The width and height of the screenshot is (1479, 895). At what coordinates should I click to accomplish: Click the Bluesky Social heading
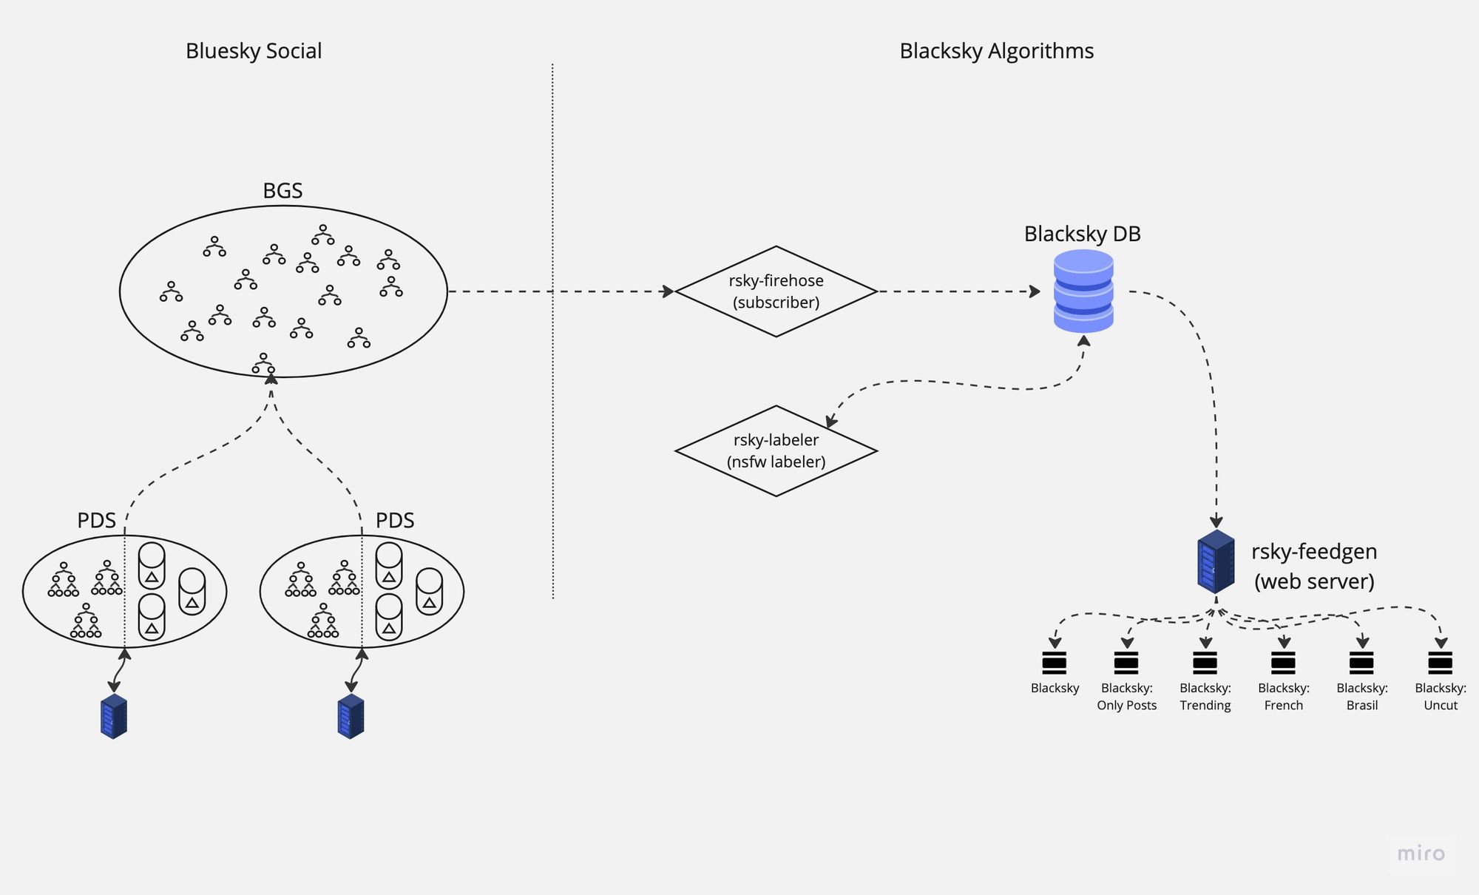click(254, 51)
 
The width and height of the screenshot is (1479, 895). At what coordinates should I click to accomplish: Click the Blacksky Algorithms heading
click(996, 51)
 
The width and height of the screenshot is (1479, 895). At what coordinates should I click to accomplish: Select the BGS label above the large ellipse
click(282, 191)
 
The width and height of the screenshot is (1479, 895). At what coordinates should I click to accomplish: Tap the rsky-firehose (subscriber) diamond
click(776, 291)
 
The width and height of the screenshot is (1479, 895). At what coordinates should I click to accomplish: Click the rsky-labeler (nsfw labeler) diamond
click(776, 451)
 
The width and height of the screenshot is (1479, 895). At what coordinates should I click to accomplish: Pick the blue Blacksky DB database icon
click(1083, 291)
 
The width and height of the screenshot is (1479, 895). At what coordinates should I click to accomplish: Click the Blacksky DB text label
click(1082, 234)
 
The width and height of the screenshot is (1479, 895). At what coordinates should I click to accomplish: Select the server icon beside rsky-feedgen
click(1216, 561)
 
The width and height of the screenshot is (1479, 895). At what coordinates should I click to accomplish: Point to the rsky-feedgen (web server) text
click(1314, 566)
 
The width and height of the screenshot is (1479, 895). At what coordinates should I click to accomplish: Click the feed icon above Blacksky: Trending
click(1205, 663)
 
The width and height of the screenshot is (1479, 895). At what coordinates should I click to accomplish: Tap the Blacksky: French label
click(1284, 697)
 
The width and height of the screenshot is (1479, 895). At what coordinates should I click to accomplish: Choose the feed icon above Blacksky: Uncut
click(1440, 663)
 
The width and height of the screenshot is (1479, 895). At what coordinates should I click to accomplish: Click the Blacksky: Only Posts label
click(1126, 697)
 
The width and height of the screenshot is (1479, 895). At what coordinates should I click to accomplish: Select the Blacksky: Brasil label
click(1362, 697)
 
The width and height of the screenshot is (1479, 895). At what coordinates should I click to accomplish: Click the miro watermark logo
click(1421, 854)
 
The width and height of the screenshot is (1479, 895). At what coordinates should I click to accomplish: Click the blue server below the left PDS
click(114, 716)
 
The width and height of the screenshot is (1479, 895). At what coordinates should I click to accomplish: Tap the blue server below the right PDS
click(351, 716)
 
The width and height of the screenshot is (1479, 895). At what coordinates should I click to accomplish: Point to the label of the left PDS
click(96, 520)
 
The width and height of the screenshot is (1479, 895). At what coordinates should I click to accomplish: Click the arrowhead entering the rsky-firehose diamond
click(669, 291)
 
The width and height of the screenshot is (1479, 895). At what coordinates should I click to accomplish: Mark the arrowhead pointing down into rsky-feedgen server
click(1216, 522)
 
